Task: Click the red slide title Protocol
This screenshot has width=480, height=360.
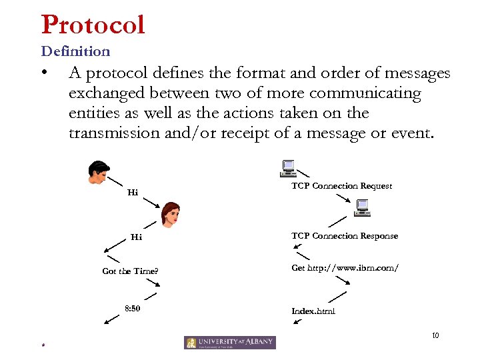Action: (x=93, y=25)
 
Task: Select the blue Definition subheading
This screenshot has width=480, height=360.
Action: (x=75, y=51)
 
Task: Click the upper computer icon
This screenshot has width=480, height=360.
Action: (x=289, y=167)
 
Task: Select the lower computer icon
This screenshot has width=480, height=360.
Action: (x=362, y=208)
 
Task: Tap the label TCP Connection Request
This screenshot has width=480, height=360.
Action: (x=341, y=186)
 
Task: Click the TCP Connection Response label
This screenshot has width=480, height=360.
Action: (x=344, y=236)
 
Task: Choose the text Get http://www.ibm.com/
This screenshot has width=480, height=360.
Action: (x=345, y=268)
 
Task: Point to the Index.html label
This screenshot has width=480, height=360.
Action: (x=313, y=311)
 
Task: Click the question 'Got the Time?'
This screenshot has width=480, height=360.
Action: (x=130, y=271)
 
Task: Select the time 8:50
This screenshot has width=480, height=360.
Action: (x=133, y=309)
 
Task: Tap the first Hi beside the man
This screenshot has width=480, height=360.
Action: (x=133, y=193)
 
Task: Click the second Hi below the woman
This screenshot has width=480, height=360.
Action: (x=136, y=237)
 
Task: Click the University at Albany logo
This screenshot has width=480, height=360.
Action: (x=229, y=343)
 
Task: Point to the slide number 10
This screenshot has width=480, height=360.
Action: (x=435, y=335)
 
